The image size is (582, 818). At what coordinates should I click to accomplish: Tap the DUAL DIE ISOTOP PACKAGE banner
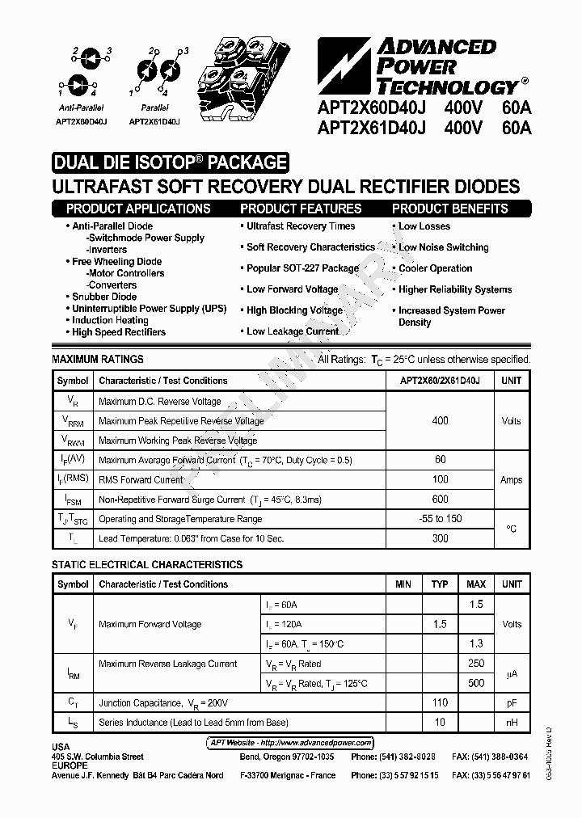(x=170, y=162)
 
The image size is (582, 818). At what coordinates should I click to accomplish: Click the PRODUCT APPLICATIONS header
(x=138, y=209)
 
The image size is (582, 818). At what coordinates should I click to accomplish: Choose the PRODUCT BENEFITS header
(x=449, y=209)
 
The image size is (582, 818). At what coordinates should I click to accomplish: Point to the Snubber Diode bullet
(x=104, y=297)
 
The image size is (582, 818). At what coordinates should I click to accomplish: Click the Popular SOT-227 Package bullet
(x=302, y=268)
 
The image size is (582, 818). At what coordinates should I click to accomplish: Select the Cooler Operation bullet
(x=435, y=268)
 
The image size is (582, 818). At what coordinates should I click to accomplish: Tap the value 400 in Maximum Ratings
(x=440, y=421)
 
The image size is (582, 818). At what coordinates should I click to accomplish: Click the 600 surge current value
(x=440, y=500)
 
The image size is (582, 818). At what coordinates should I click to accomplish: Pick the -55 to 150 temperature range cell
(x=440, y=519)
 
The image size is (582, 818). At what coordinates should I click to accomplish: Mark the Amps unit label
(x=511, y=480)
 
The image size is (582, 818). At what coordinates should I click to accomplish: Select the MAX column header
(x=476, y=584)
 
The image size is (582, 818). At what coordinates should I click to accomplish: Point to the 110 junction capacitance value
(x=440, y=703)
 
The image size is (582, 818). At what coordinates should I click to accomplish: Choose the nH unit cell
(x=511, y=723)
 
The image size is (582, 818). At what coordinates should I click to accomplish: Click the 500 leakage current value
(x=476, y=684)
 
